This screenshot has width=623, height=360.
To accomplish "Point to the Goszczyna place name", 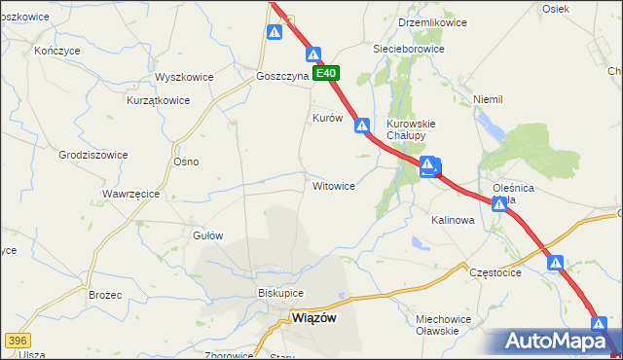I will point(282,75).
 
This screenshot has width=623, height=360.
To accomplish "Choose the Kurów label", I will point(327,118).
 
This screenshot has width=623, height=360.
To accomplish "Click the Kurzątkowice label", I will point(158,100).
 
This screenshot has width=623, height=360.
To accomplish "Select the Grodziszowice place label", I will point(93,154).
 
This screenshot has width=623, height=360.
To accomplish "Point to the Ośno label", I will point(185,162).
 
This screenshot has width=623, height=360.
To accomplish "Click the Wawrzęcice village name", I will point(130,194).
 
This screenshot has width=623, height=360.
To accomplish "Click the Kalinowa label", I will point(453,221).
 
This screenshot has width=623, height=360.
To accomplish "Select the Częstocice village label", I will point(495,272).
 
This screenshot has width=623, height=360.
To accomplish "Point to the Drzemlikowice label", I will point(433,22).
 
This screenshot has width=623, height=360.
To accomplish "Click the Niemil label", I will point(487,99).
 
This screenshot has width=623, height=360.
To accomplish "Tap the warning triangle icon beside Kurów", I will point(362,126).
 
